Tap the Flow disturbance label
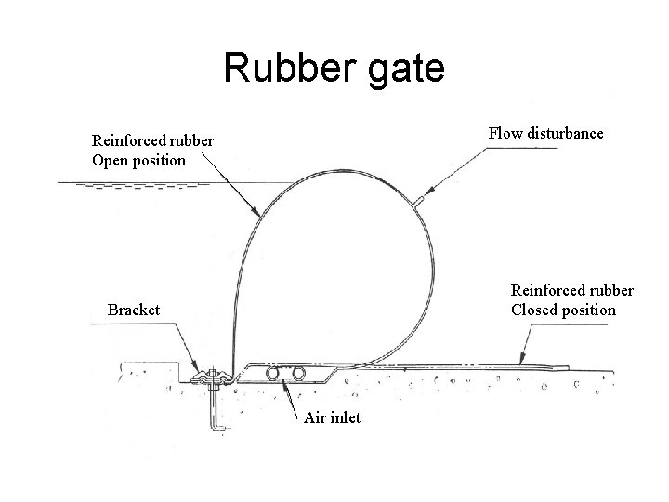tap(545, 133)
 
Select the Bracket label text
tap(134, 309)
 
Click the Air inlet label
tap(332, 418)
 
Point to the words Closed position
tap(563, 310)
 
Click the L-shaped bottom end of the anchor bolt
tap(221, 429)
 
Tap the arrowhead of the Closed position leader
tap(522, 362)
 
